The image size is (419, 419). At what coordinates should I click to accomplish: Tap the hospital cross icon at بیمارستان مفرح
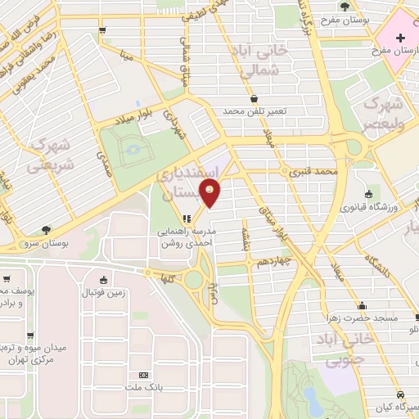click(x=400, y=38)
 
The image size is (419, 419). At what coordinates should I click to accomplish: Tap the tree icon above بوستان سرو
click(x=45, y=230)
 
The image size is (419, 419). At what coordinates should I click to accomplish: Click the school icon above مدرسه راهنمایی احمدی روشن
click(x=186, y=219)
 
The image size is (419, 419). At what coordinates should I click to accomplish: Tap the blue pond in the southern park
click(x=313, y=399)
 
